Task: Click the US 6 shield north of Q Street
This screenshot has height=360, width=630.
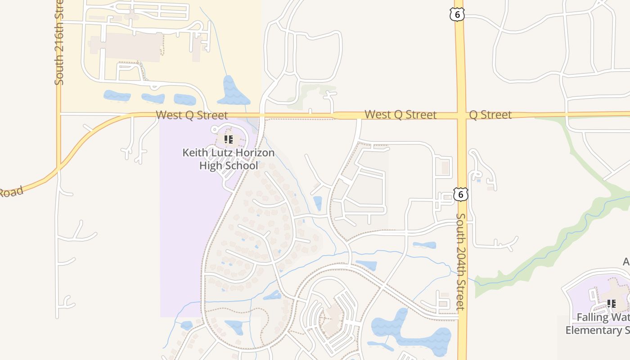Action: pos(457,14)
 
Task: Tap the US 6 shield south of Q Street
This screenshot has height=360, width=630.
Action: pos(461,194)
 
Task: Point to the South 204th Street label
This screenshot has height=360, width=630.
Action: pos(461,261)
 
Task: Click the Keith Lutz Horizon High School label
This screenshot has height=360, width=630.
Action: pos(228,159)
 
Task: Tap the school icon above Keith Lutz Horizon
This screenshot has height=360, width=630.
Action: pos(229,139)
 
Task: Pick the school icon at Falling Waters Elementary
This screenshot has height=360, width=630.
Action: pos(612,304)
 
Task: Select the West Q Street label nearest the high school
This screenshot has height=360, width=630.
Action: pos(192,115)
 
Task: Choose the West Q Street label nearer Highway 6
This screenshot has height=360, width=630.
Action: pos(400,115)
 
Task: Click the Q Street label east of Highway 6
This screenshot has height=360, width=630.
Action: pos(490,115)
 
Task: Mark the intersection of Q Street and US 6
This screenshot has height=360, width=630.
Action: pos(461,115)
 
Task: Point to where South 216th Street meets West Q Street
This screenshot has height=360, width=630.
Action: pos(58,114)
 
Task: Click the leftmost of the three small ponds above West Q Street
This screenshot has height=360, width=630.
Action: pos(117,95)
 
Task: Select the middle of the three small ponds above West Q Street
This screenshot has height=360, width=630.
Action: pos(153,98)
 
